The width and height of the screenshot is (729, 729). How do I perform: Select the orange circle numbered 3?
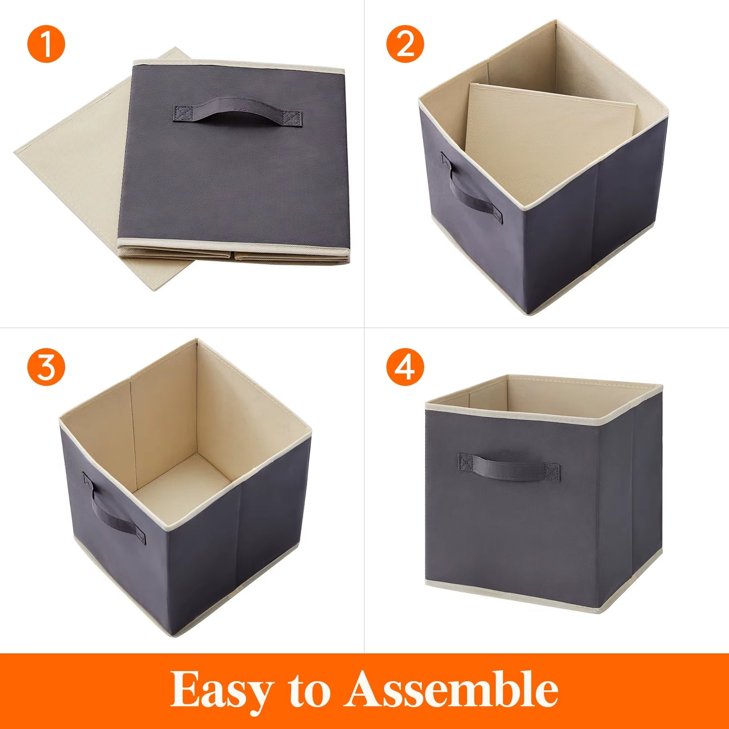pyautogui.click(x=46, y=367)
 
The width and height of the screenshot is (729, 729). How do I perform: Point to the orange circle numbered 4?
pyautogui.click(x=405, y=367)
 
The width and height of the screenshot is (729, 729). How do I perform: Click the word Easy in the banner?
pyautogui.click(x=221, y=690)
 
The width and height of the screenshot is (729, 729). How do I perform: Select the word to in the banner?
pyautogui.click(x=309, y=690)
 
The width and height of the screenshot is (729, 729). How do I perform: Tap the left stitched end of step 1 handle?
pyautogui.click(x=182, y=113)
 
